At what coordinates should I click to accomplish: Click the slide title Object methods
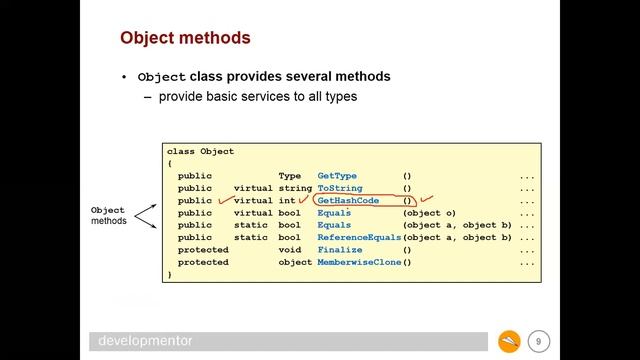pos(185,39)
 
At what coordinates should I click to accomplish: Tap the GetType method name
pos(338,176)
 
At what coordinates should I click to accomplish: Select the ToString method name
pos(340,188)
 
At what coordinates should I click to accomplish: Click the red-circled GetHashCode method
pos(348,201)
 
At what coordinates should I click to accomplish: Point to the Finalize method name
pos(340,250)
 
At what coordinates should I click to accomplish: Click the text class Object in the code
pos(200,151)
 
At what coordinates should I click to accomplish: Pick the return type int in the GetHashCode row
pos(293,201)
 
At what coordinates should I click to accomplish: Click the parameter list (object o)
pos(429,213)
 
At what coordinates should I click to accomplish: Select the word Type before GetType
pos(289,176)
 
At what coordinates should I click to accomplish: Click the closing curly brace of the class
pos(170,274)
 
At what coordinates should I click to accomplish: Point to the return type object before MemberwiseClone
pos(295,263)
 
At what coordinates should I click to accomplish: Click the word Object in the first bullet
pos(162,77)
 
